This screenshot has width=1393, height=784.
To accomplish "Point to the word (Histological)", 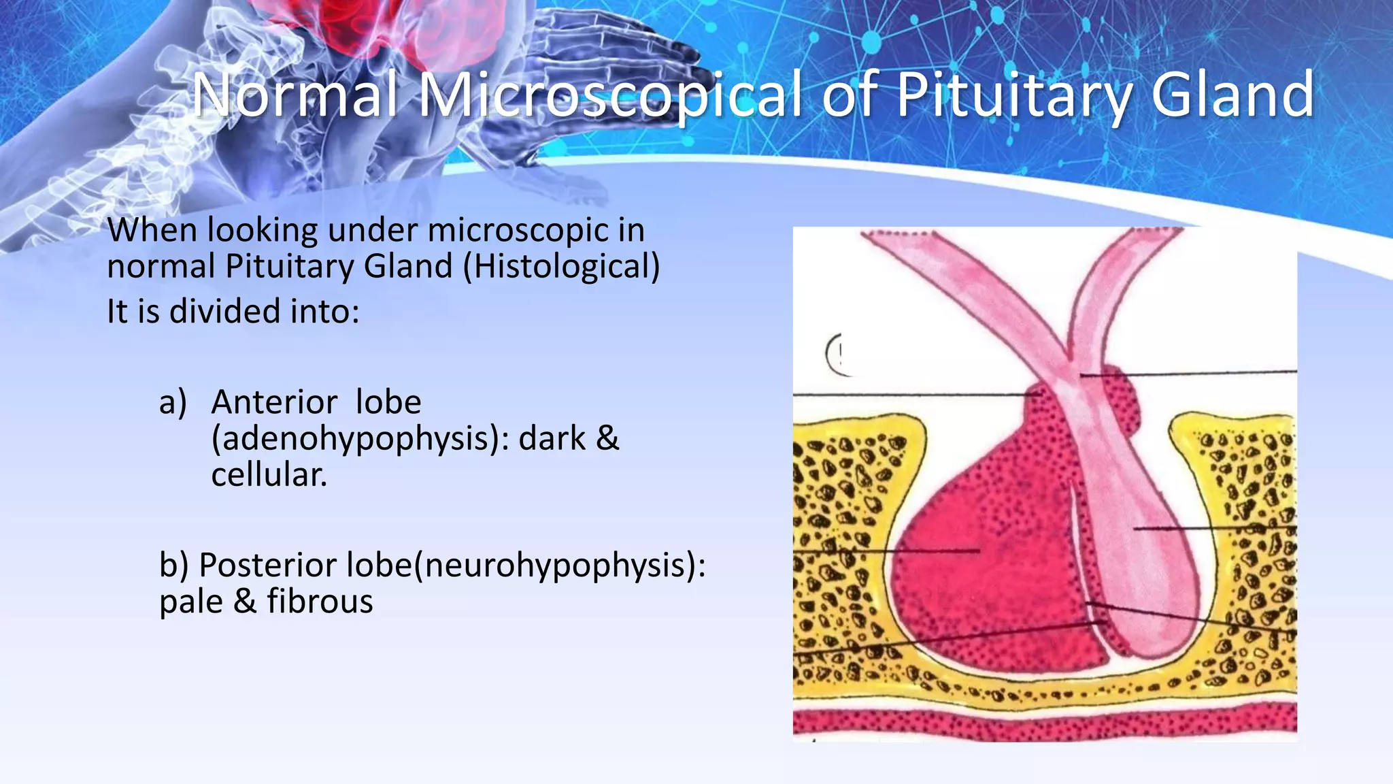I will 561,266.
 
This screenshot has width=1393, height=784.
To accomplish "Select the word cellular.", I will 269,474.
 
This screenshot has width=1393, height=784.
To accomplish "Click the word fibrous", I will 320,601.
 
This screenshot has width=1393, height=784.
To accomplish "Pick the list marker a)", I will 173,402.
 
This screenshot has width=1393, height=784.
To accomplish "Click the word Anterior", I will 274,402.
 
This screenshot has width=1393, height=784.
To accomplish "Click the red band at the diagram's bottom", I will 1045,722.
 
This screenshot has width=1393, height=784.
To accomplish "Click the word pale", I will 191,601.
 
